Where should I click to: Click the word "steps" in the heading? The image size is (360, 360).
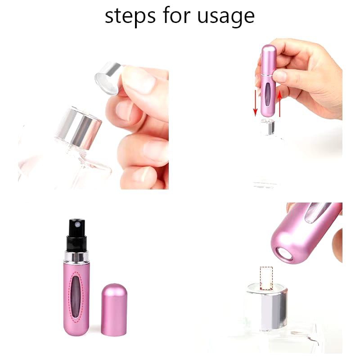coord(130,16)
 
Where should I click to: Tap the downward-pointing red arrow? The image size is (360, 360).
coord(255,103)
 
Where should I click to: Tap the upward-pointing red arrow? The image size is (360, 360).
coord(279,103)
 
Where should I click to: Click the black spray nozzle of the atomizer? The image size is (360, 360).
coord(77,235)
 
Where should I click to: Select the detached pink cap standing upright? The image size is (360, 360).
coord(114,310)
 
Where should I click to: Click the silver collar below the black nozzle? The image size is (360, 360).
coord(76,256)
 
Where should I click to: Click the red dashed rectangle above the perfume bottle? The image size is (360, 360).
coord(266,278)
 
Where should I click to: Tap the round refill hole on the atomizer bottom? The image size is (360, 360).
coord(284,254)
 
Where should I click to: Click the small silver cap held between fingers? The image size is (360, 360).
coord(108,78)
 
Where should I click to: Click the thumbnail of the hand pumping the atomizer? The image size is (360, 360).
coord(279,76)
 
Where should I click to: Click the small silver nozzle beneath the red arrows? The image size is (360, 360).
coord(268,127)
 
